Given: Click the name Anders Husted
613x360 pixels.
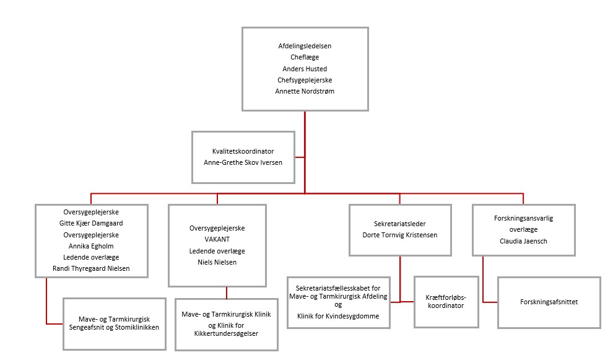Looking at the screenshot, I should click(x=305, y=69).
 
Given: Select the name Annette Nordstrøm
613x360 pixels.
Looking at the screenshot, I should click(x=305, y=91).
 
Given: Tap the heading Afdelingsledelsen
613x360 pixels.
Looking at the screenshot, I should click(x=305, y=46).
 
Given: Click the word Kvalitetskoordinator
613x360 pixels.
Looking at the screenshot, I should click(x=243, y=151).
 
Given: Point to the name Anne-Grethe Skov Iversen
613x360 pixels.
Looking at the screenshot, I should click(x=243, y=162).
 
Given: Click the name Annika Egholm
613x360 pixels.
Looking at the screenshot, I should click(x=91, y=246).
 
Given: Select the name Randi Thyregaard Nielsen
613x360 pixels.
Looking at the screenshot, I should click(x=91, y=268).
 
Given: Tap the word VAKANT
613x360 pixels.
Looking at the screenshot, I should click(x=217, y=239).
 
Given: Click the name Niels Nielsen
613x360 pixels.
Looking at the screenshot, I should click(x=217, y=262).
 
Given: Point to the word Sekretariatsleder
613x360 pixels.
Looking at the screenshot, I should click(x=399, y=224).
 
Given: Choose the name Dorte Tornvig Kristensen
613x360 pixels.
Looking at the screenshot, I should click(x=399, y=235).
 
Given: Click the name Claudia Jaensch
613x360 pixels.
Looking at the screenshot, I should click(x=523, y=241).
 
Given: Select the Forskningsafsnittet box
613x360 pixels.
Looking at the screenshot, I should click(x=549, y=302).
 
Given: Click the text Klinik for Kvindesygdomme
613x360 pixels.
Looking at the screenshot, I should click(x=337, y=316).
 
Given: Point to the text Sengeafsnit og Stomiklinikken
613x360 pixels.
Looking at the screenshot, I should click(x=115, y=327).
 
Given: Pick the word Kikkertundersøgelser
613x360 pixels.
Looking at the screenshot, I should click(x=226, y=333).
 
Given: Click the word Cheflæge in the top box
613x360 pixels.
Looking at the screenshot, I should click(x=305, y=58).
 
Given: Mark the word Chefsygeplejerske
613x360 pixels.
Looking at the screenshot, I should click(x=305, y=80).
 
